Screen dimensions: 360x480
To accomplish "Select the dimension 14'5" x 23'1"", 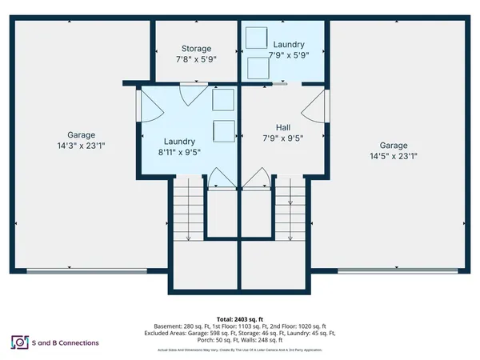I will pos(393,157).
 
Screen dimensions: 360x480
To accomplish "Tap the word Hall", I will pos(282,127).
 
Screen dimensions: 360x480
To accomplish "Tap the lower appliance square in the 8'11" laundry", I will pos(222,129).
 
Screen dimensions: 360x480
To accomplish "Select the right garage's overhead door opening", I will pos(395,270).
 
